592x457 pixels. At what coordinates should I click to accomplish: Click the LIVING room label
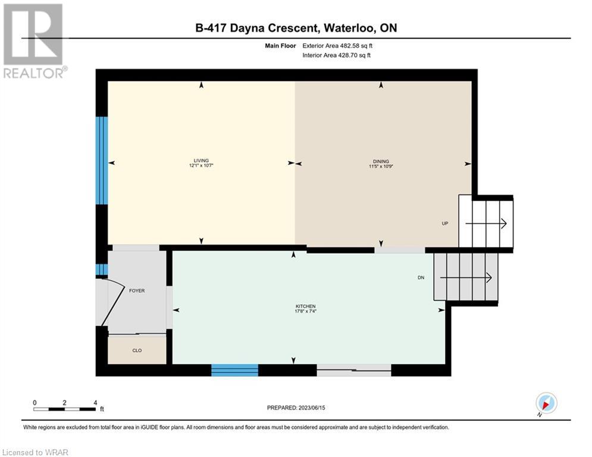pos(201,161)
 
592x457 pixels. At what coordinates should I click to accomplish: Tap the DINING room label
pos(381,161)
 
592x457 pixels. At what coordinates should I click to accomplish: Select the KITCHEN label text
pos(305,306)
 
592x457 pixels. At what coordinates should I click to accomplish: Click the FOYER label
pos(137,290)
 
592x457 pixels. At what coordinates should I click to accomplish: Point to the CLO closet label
pos(137,350)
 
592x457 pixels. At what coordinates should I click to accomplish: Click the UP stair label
pos(445,223)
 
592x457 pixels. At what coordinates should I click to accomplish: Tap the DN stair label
pos(421,278)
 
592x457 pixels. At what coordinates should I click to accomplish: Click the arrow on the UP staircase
pos(486,224)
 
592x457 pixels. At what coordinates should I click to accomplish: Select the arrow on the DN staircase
pos(466,278)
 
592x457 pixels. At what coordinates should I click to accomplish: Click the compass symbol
pos(546,403)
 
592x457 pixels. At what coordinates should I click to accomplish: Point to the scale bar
pos(64,409)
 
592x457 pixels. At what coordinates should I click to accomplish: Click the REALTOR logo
pos(33,41)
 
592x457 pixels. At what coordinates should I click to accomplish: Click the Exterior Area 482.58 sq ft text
pos(337,46)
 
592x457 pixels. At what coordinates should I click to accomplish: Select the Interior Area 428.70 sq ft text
pos(336,55)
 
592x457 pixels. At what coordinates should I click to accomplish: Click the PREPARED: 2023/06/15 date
pos(296,408)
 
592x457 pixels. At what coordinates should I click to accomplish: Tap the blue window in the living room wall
pos(102,161)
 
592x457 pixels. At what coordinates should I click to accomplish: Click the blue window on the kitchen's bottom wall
pos(234,370)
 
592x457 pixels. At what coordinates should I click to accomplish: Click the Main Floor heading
pos(280,46)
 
